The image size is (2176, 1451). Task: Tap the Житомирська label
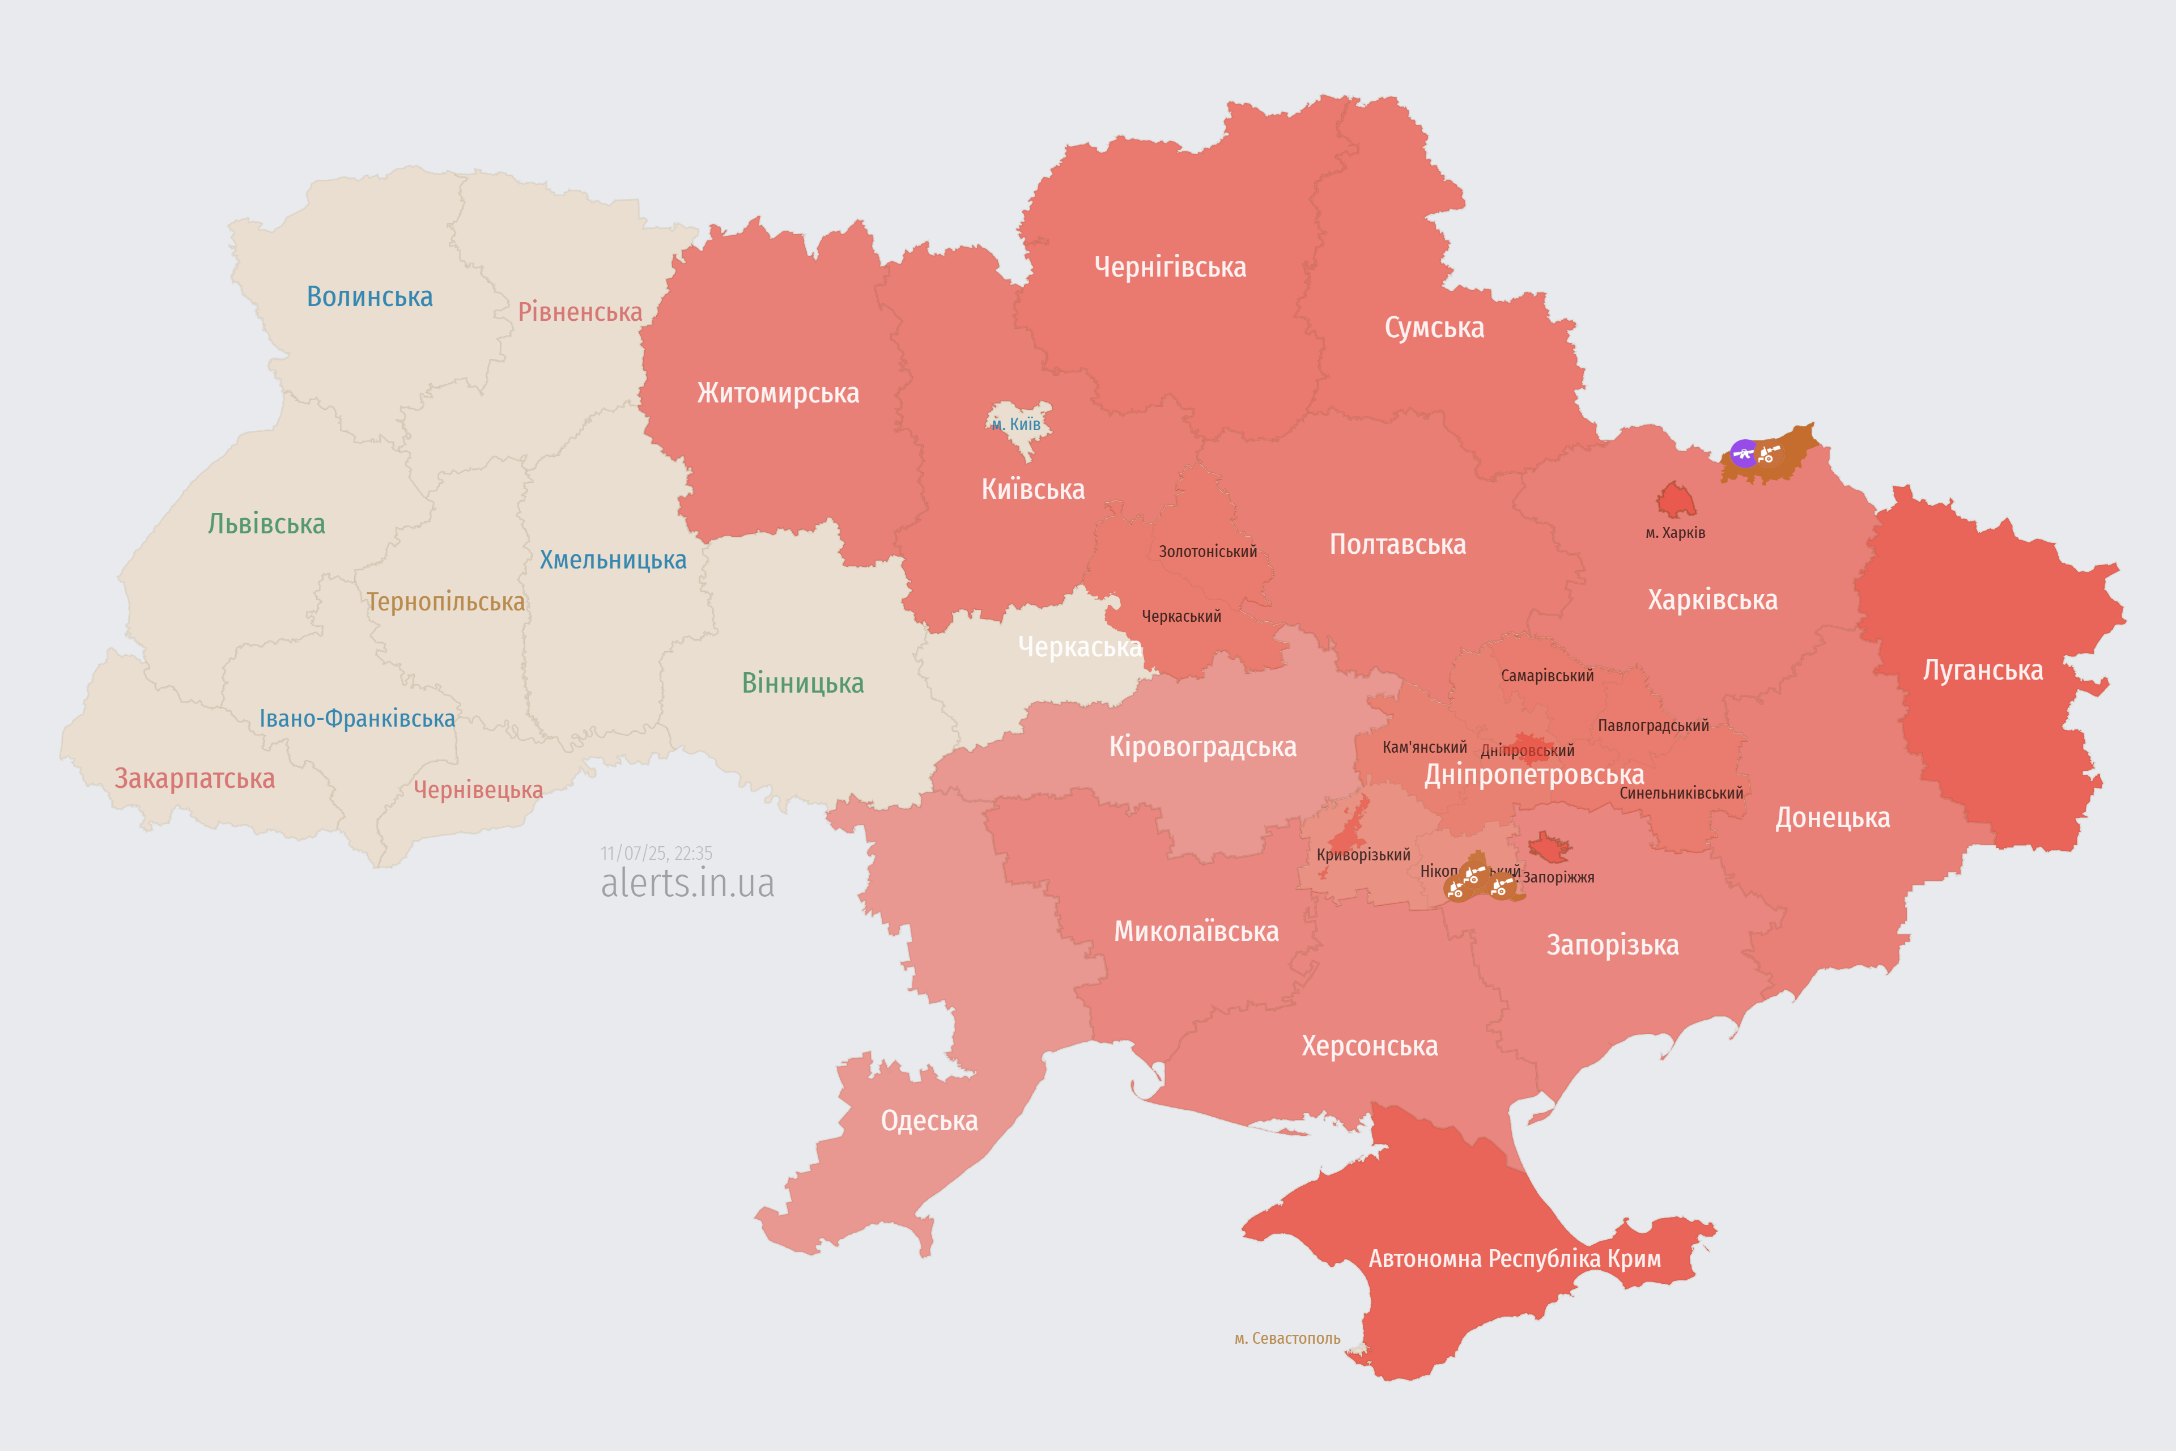pos(778,393)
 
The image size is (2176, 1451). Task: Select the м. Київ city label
pos(1016,425)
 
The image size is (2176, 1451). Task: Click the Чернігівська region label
pos(1170,268)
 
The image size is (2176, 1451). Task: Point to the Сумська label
pos(1434,328)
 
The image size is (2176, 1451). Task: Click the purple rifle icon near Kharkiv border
pos(1743,453)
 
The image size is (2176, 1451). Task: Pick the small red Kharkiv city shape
pos(1676,500)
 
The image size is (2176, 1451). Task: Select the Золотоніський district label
pos(1208,551)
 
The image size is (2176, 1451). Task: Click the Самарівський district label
pos(1547,676)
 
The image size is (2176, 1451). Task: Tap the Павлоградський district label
pos(1654,725)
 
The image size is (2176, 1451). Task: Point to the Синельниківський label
pos(1681,793)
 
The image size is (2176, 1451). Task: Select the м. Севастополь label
pos(1287,1338)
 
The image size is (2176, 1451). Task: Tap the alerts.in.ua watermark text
pos(687,883)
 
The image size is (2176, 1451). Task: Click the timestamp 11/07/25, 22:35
pos(656,853)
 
